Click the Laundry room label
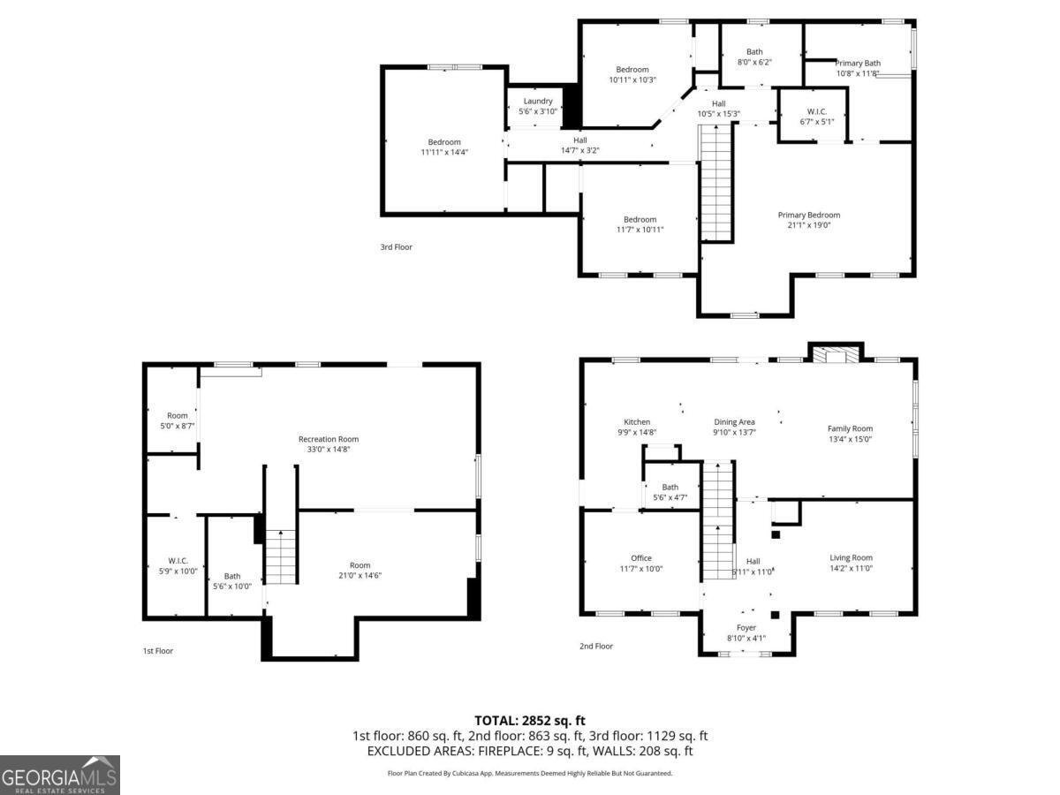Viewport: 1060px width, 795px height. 537,101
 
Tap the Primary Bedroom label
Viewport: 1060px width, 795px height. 808,215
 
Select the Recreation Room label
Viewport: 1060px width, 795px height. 329,439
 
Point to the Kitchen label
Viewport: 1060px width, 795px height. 637,422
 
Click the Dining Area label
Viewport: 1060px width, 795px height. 734,422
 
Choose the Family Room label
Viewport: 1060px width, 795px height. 850,428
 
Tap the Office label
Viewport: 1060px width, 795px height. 640,558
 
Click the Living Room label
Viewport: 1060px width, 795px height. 851,557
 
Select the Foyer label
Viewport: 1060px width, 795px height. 746,627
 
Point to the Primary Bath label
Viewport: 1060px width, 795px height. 858,63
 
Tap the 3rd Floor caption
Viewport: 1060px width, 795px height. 396,246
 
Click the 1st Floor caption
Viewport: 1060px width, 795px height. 158,651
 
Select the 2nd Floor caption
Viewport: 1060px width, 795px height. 596,646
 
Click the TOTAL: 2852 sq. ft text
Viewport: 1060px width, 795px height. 530,721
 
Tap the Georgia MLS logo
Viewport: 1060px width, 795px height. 59,775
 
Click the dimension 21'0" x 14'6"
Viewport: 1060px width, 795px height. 360,575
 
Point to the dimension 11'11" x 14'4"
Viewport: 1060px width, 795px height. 444,152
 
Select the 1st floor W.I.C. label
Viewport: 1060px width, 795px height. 178,560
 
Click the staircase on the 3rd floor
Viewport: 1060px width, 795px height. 716,183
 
